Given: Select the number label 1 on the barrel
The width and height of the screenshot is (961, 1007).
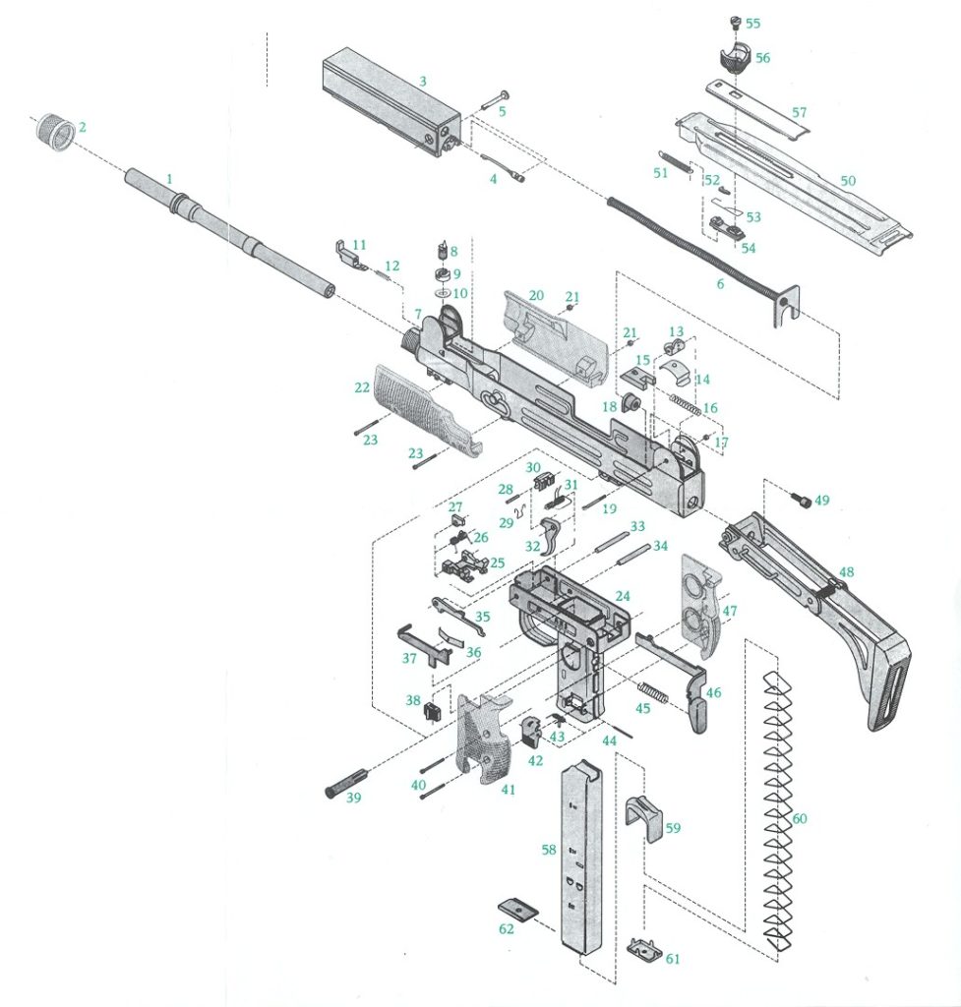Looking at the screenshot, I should point(169,179).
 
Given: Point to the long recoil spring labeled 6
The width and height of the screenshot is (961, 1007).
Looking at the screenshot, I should point(689,246).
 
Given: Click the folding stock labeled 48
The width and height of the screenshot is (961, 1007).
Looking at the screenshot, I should point(826,610).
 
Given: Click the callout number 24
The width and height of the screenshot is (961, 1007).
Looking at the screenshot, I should point(622,597).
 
